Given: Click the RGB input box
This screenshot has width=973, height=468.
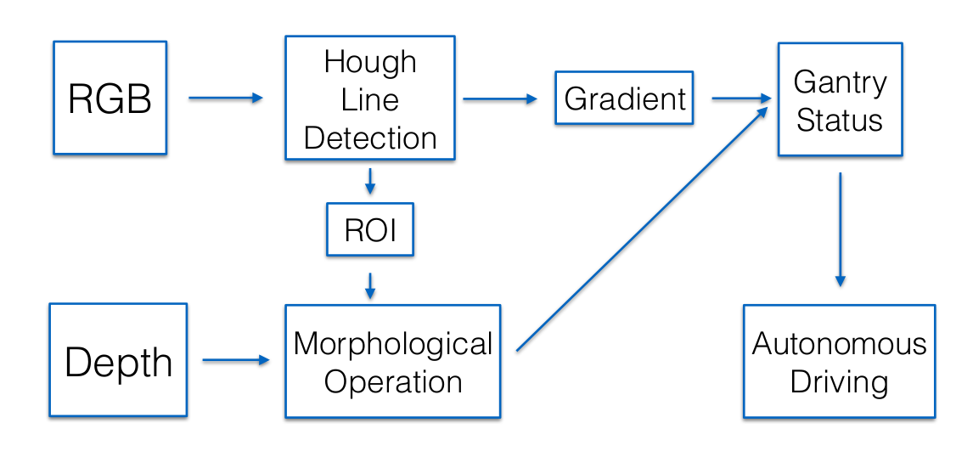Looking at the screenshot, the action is point(110,98).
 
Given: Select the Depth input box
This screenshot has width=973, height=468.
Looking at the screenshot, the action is point(118,360).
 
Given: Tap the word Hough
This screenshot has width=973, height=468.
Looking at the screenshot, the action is point(370,62).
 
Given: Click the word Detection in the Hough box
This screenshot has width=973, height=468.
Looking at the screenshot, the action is point(370,138).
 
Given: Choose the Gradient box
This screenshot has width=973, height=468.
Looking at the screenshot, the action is point(624,98).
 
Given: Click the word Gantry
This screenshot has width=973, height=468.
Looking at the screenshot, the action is point(840,82).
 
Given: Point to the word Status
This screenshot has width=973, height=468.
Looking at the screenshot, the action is point(840,120).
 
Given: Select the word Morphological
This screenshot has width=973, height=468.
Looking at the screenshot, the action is point(392,344).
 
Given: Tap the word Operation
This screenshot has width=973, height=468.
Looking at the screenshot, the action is point(392,382).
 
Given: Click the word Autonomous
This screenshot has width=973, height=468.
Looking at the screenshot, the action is point(839,343).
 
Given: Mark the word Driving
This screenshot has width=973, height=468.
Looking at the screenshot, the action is point(839,382).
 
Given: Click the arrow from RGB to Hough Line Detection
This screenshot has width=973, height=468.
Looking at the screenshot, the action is point(226,98).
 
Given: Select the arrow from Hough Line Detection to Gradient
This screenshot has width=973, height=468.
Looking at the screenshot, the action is point(500,99).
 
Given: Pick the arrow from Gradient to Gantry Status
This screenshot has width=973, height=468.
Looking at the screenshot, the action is point(741,98).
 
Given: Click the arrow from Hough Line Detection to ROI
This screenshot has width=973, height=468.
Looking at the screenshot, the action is point(370,181).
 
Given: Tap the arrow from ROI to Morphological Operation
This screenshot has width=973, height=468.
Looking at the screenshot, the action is point(370,286).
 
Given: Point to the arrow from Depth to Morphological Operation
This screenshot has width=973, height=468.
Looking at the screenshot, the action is point(236,360).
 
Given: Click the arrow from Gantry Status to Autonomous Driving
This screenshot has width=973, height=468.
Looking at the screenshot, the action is point(841,229).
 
